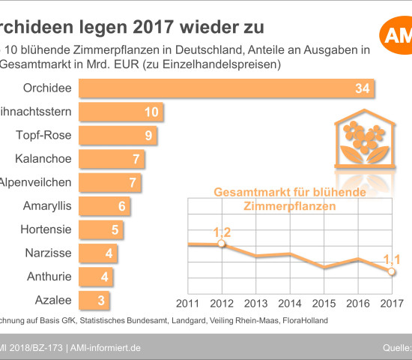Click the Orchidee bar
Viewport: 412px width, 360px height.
[x=225, y=88]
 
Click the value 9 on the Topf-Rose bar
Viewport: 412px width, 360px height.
[x=148, y=136]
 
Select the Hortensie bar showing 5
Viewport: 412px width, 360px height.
[x=99, y=229]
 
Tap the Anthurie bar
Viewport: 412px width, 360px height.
[x=95, y=277]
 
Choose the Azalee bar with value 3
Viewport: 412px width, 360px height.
[x=94, y=300]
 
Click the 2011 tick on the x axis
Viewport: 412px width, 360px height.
[x=187, y=303]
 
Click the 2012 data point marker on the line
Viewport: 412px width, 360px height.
[x=221, y=244]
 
